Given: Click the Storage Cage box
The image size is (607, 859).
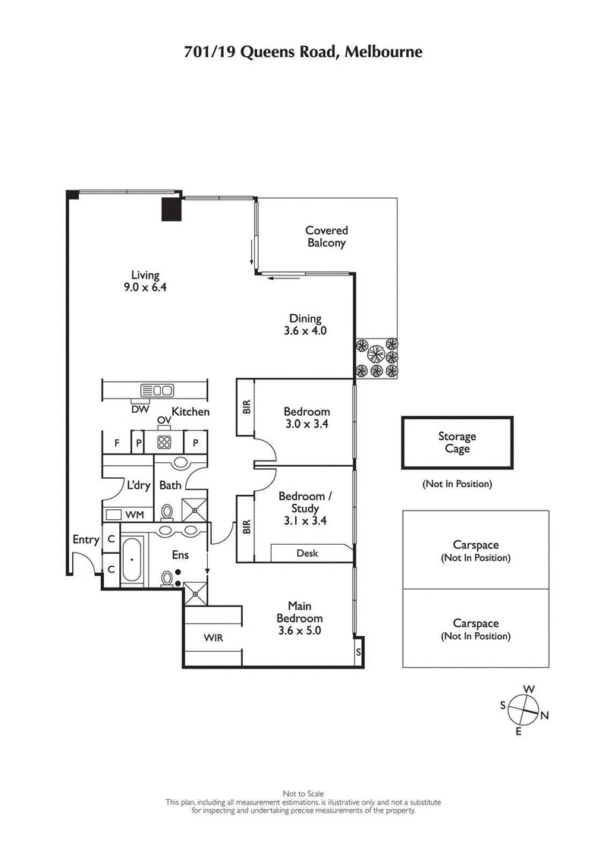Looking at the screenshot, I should (x=457, y=442).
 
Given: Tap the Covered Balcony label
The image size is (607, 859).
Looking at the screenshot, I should (x=326, y=237).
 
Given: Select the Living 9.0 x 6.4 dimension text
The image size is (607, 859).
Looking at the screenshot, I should (x=144, y=288).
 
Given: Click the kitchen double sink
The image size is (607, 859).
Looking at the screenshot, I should (x=156, y=390).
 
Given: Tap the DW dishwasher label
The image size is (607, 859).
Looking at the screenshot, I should (x=140, y=409).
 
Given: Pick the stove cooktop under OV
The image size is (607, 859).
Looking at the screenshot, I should (x=164, y=442).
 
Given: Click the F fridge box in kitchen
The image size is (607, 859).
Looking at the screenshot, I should (x=117, y=442).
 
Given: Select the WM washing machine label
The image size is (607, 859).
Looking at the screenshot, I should (x=134, y=515).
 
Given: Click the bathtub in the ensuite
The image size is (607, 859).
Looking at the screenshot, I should (x=132, y=561).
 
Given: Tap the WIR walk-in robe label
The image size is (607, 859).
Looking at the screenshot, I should (x=213, y=638).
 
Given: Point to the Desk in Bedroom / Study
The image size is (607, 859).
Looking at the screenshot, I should (x=307, y=553).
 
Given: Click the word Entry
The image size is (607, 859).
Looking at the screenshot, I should (x=85, y=540).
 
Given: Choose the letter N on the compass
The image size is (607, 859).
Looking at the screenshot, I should (x=545, y=716).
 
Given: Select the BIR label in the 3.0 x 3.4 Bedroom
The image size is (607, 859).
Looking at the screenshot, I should (x=245, y=407).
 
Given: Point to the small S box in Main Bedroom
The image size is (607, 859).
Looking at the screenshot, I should (x=359, y=652).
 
